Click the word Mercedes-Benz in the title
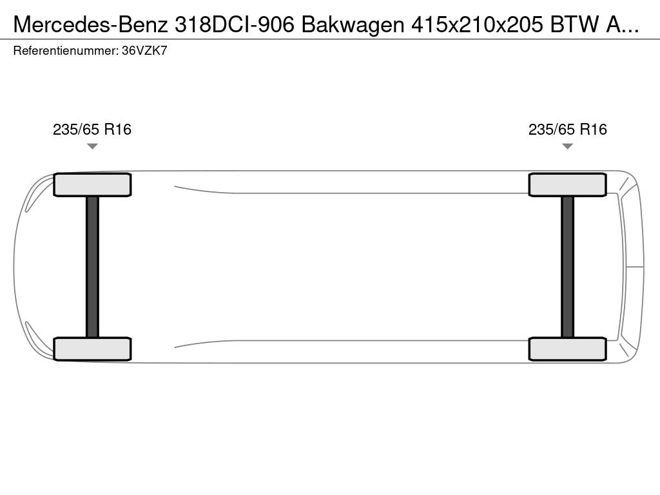[90, 25]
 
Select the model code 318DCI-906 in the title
[235, 25]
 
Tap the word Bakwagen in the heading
[353, 26]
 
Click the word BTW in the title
[574, 25]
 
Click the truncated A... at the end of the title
[622, 25]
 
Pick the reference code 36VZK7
[144, 51]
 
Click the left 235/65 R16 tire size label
[92, 129]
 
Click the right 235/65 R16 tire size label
[567, 129]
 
